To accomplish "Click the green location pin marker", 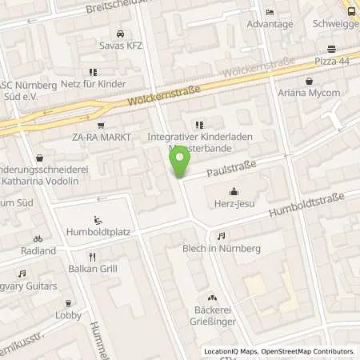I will coord(181,160).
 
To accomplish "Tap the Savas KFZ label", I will coord(120,46).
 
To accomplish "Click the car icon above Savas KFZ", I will coord(120,34).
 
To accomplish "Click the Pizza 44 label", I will coord(331,62).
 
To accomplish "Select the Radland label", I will coord(38,250).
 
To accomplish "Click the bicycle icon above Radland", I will coord(38,238).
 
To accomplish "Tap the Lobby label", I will coord(68,314).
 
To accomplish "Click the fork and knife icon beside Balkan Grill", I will coord(92,257).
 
